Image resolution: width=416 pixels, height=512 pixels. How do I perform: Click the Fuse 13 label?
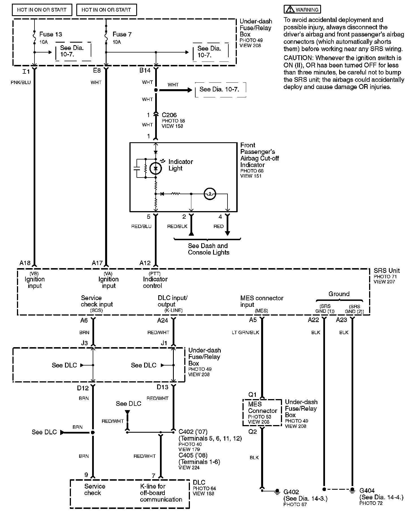click(x=50, y=34)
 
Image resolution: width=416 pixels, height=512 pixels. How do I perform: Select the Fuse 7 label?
click(x=122, y=34)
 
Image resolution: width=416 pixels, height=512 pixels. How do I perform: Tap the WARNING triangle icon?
click(x=290, y=10)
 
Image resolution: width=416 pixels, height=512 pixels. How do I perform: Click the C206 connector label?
click(x=169, y=115)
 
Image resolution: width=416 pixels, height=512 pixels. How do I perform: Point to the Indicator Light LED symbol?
click(x=155, y=169)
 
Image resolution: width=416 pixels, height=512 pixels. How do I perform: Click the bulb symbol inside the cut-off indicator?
click(x=210, y=194)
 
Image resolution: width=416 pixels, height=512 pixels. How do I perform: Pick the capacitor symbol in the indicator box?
click(x=137, y=169)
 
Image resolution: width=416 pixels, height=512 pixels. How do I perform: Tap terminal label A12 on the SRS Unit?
click(x=145, y=263)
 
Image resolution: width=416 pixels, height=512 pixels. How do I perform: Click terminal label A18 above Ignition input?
click(x=25, y=263)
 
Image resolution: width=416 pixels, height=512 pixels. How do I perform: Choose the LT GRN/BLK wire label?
click(x=245, y=332)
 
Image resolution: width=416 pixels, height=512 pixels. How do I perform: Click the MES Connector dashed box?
click(x=262, y=412)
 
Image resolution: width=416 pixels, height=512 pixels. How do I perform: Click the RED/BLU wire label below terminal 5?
click(x=141, y=226)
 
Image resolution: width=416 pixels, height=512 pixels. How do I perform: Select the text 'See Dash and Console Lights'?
click(x=208, y=249)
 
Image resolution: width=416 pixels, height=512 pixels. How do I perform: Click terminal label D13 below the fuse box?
click(x=162, y=387)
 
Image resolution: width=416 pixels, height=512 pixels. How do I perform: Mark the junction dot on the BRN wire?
click(x=93, y=432)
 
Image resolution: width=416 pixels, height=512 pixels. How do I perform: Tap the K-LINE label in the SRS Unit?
click(x=174, y=310)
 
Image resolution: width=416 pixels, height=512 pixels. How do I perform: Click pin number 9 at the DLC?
click(x=86, y=475)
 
